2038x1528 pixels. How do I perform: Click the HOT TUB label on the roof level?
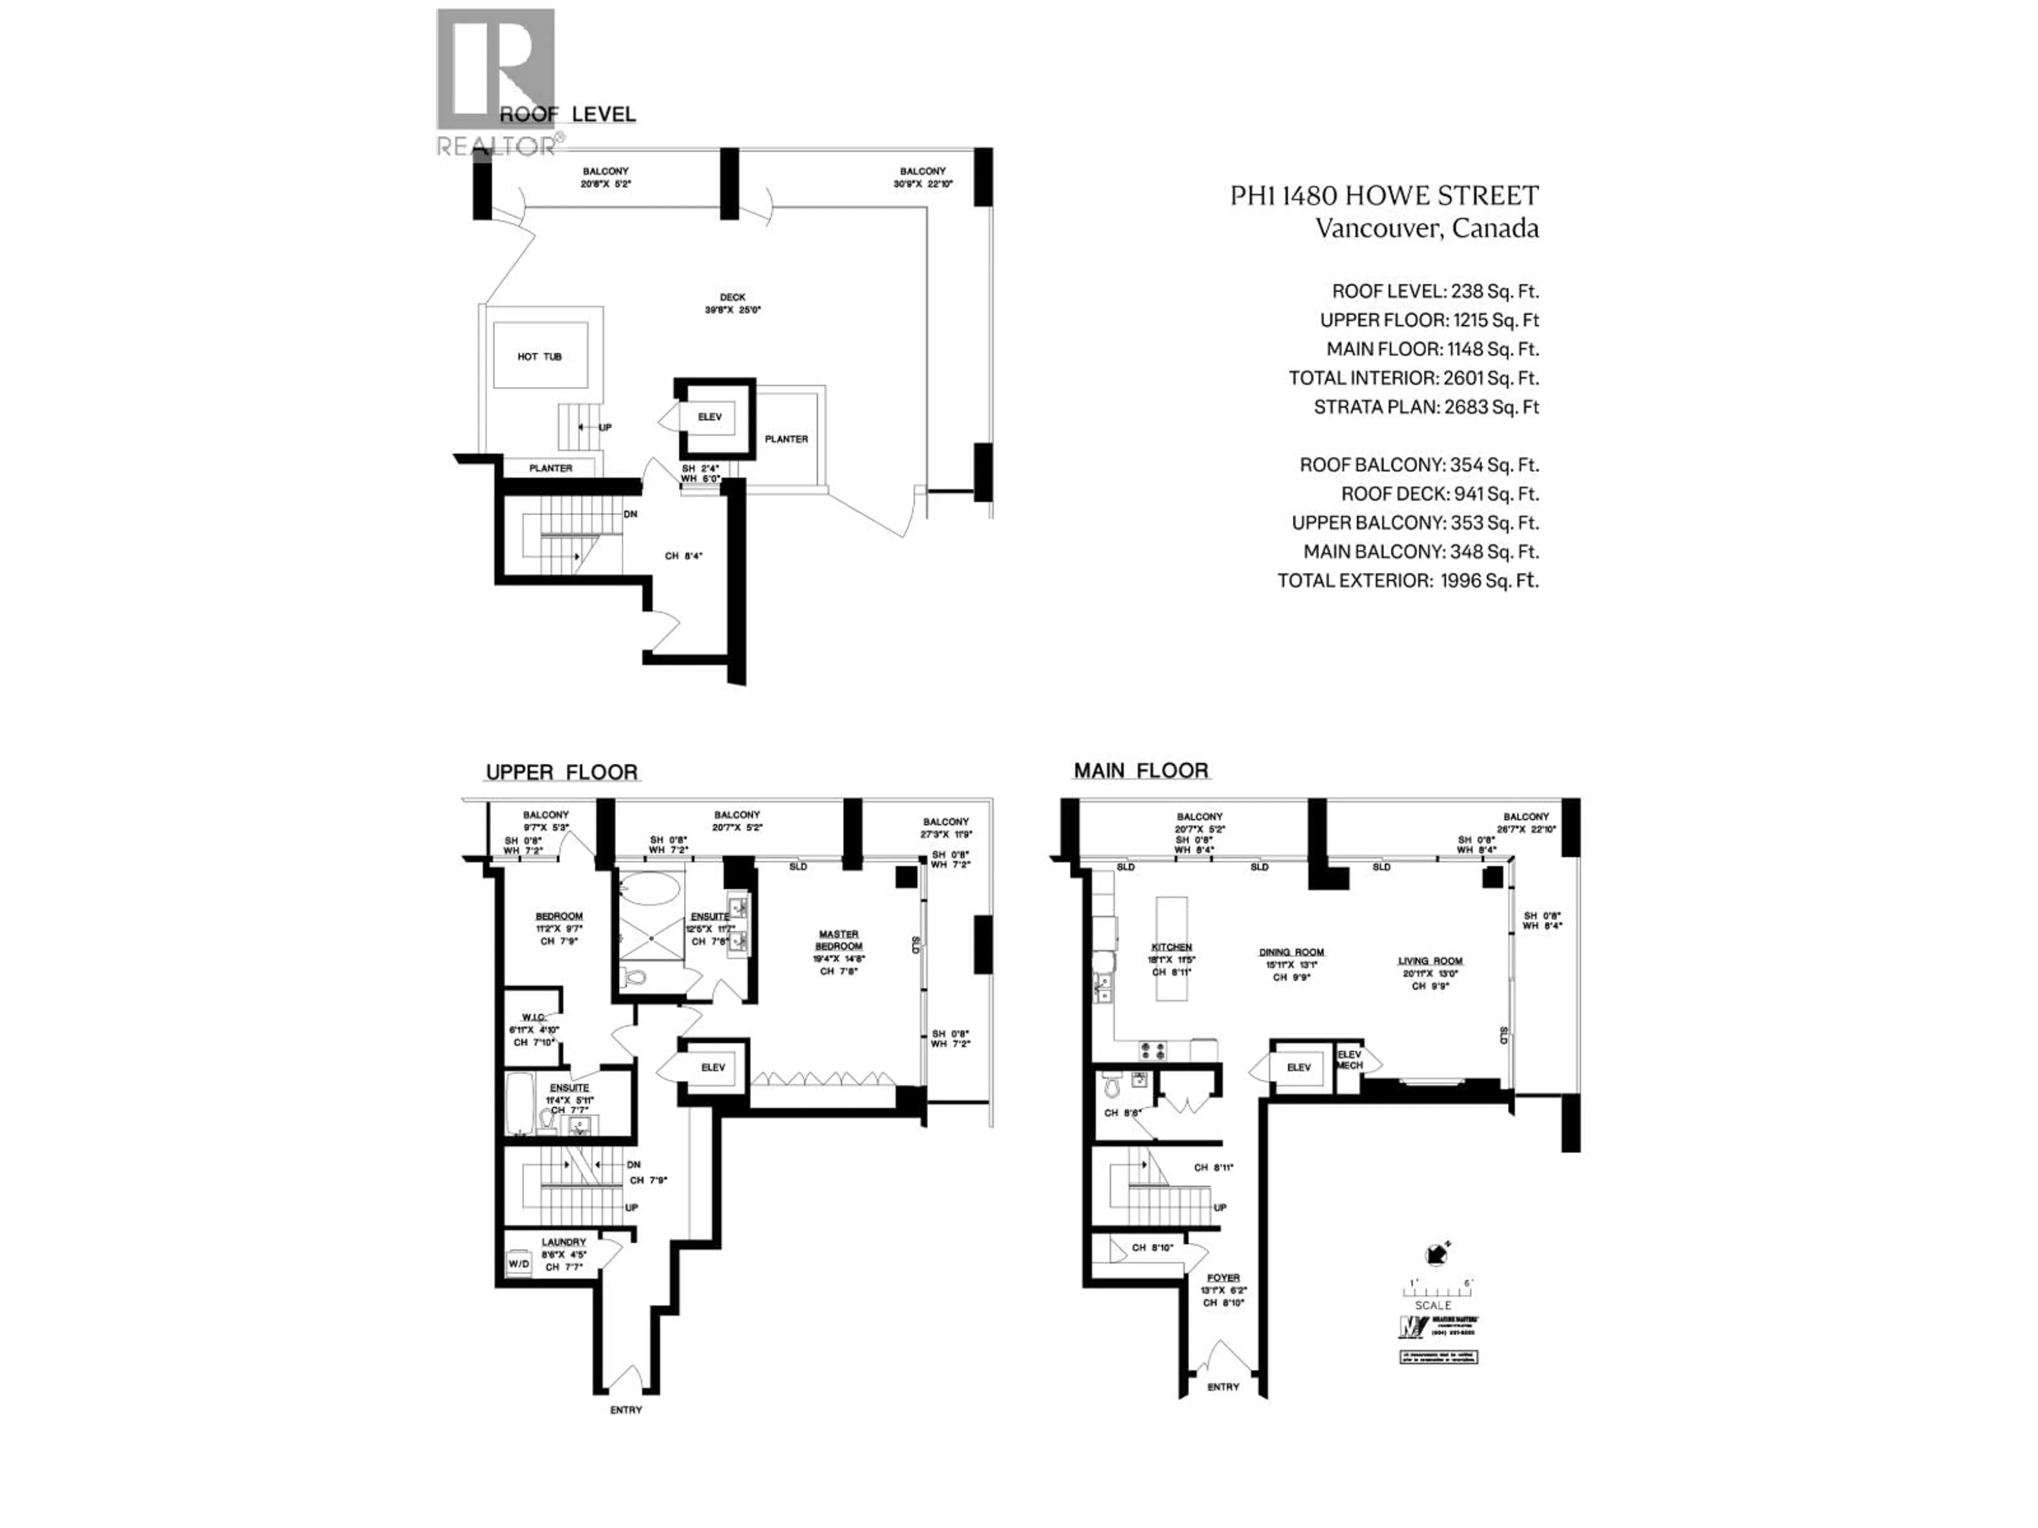539,357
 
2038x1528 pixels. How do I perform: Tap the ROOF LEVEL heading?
567,114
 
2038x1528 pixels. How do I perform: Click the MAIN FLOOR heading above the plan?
1141,770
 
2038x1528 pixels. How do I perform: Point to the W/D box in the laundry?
519,1264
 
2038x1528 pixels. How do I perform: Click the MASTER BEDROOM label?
839,940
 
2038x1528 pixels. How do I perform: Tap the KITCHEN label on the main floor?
1171,947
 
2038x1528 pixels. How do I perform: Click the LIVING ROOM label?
1430,961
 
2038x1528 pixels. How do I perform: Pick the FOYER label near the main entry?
1223,1278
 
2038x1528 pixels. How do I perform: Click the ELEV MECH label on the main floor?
1349,1059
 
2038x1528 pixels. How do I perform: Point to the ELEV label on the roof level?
710,417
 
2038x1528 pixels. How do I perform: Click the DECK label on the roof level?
732,298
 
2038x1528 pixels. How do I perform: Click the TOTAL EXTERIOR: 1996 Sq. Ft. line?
1407,580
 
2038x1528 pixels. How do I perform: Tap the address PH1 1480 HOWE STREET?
1384,195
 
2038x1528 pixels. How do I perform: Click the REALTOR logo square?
496,69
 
